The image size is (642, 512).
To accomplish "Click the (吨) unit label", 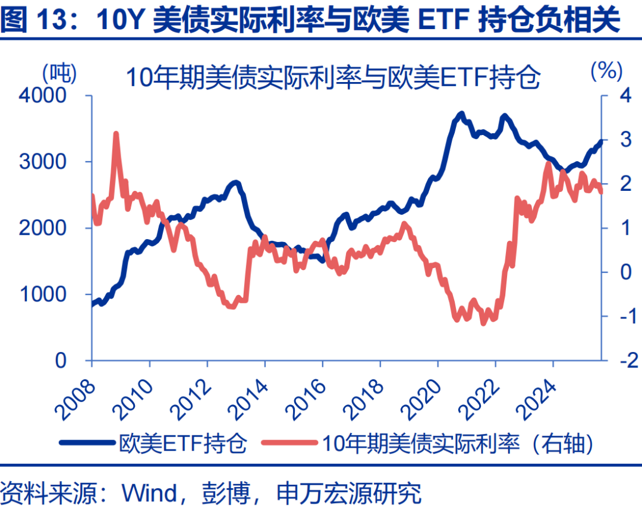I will tap(59, 72).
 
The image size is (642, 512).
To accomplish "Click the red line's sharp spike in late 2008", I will tap(116, 134).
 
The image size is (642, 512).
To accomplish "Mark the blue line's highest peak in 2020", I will tap(461, 113).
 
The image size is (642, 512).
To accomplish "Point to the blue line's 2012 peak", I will tap(235, 183).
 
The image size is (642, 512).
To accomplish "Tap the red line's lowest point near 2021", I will tap(483, 322).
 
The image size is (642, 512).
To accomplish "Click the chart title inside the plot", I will tap(332, 77).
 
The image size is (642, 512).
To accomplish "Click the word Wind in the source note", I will tap(149, 493).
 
